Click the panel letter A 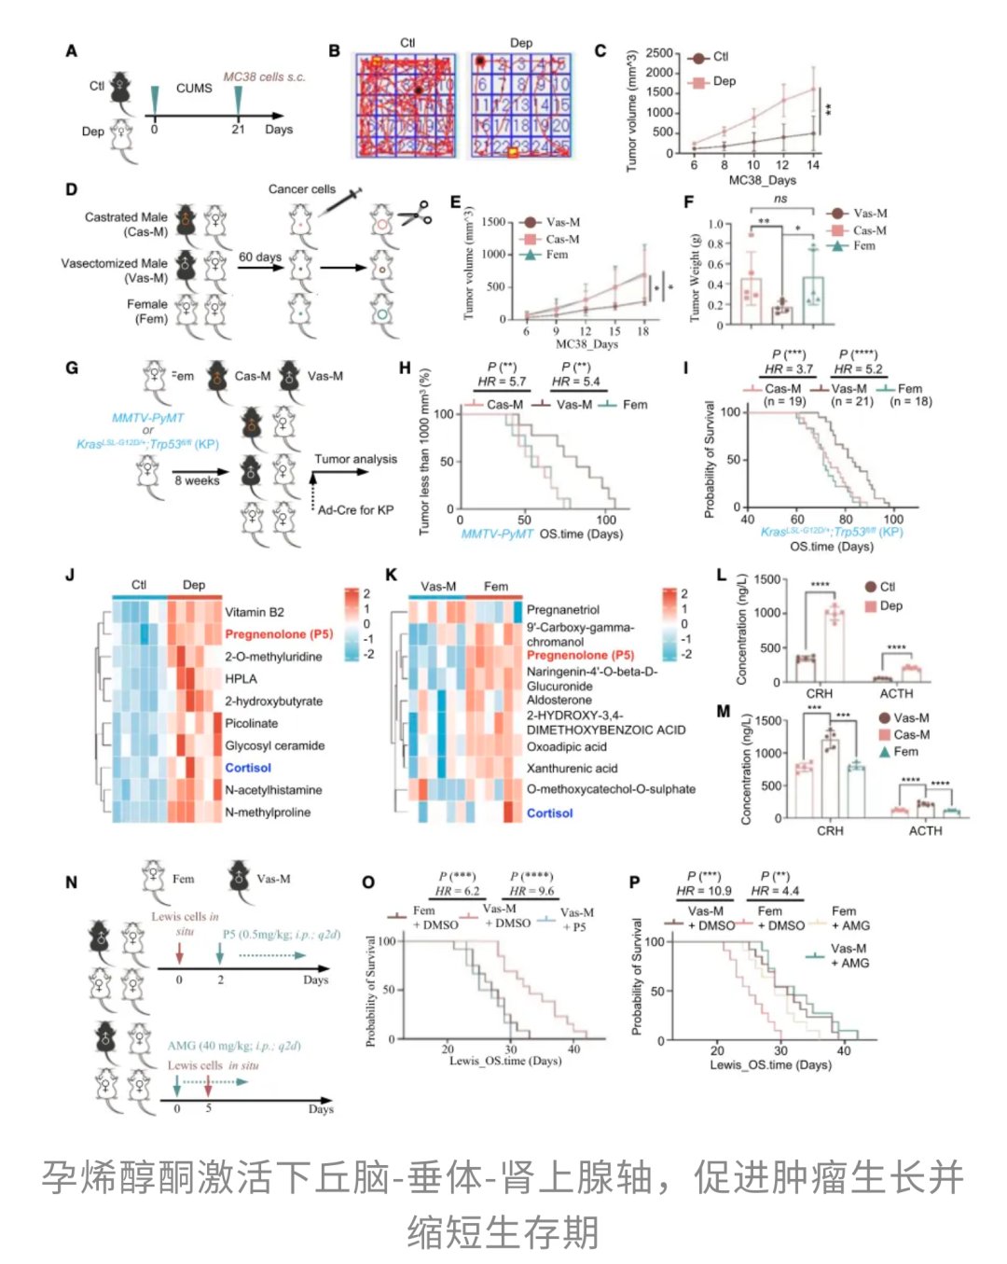71,51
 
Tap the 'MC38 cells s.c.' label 264,76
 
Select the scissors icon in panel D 415,214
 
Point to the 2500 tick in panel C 658,53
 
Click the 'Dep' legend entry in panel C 724,81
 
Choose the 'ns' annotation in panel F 780,199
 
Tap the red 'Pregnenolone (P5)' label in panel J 279,634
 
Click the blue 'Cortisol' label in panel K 549,813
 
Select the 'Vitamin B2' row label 255,612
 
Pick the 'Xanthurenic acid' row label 572,769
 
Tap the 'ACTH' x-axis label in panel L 896,694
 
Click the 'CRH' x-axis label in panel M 830,830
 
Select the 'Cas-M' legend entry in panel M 911,735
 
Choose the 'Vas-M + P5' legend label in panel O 576,919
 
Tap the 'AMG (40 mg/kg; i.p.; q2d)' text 234,1046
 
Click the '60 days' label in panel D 260,257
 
